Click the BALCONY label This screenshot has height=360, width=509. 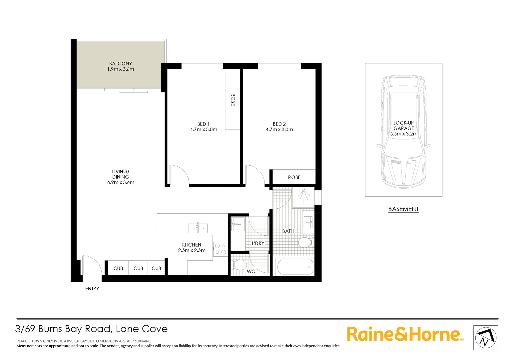point(121,64)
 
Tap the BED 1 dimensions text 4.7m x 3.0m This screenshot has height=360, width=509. point(204,130)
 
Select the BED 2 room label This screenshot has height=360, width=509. point(279,124)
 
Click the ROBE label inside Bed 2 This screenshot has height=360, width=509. point(294,177)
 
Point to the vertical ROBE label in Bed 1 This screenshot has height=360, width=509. point(233,100)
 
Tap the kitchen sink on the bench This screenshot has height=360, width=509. point(198,228)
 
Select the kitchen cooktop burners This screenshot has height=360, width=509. point(220,249)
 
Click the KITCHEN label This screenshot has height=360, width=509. point(192,245)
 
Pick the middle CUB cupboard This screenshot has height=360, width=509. point(138,268)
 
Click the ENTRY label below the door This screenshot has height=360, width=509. point(92,289)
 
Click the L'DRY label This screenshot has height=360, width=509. point(258,243)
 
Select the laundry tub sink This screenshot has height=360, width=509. point(238,224)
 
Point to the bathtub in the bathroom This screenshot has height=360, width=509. point(295,267)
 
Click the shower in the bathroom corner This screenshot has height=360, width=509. point(303,196)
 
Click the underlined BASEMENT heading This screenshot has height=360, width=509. point(403,209)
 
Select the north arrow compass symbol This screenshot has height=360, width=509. point(486,338)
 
